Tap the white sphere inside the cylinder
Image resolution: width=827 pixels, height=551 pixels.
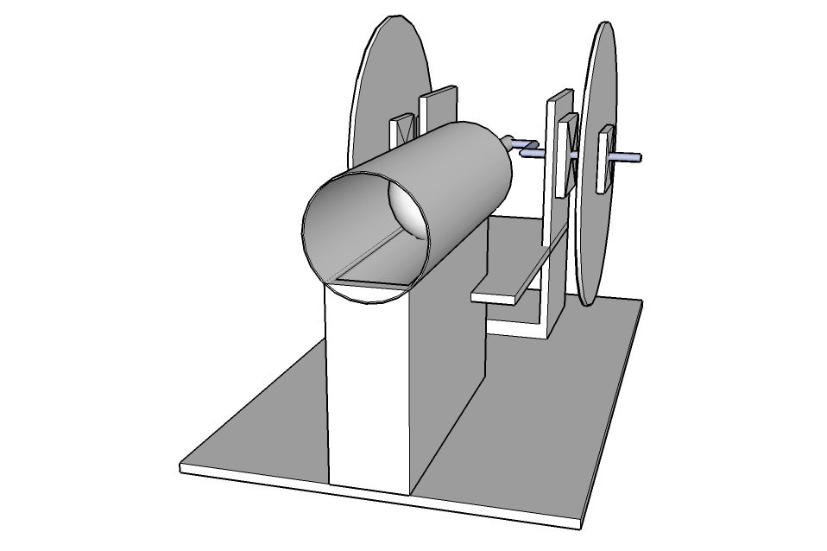(407, 207)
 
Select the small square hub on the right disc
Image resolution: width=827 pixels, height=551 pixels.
(606, 158)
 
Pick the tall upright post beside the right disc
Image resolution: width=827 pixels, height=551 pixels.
(552, 216)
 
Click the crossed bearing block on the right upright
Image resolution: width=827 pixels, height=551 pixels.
(566, 155)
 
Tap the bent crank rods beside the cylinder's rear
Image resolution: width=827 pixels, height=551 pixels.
(523, 147)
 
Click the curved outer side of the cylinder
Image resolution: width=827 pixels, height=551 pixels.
(458, 173)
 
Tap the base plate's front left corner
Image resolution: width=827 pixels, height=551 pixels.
(182, 469)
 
